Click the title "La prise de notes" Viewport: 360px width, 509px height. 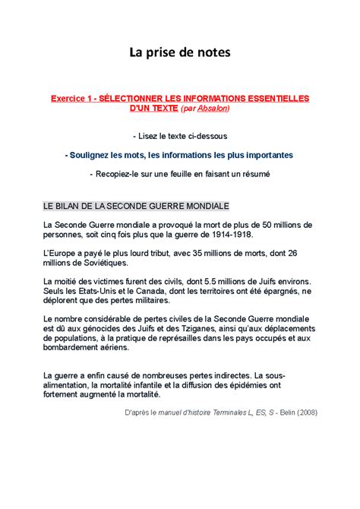tap(179, 52)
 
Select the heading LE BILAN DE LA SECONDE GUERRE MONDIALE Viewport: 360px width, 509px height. tap(136, 206)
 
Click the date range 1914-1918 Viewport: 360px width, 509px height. tap(226, 235)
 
